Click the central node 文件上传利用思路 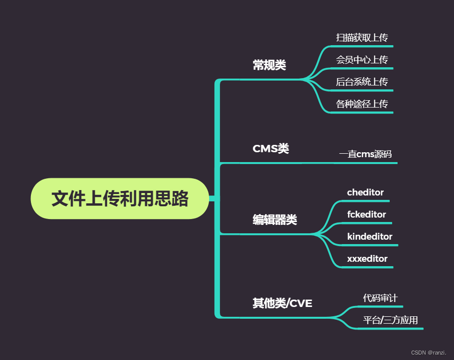click(x=120, y=198)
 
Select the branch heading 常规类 click(x=269, y=65)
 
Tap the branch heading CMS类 click(x=270, y=148)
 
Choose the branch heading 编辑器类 click(x=274, y=220)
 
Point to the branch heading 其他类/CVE click(x=282, y=303)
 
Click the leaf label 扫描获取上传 click(x=362, y=38)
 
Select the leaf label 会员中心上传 click(x=362, y=60)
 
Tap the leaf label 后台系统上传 click(x=362, y=82)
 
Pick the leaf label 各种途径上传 click(x=362, y=104)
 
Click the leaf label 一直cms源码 click(x=365, y=154)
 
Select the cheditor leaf click(x=365, y=193)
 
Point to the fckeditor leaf click(x=366, y=215)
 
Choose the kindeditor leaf click(x=370, y=237)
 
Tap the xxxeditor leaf click(x=367, y=259)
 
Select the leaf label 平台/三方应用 click(x=390, y=321)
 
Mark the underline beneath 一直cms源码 click(x=366, y=163)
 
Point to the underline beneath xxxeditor click(x=367, y=267)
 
